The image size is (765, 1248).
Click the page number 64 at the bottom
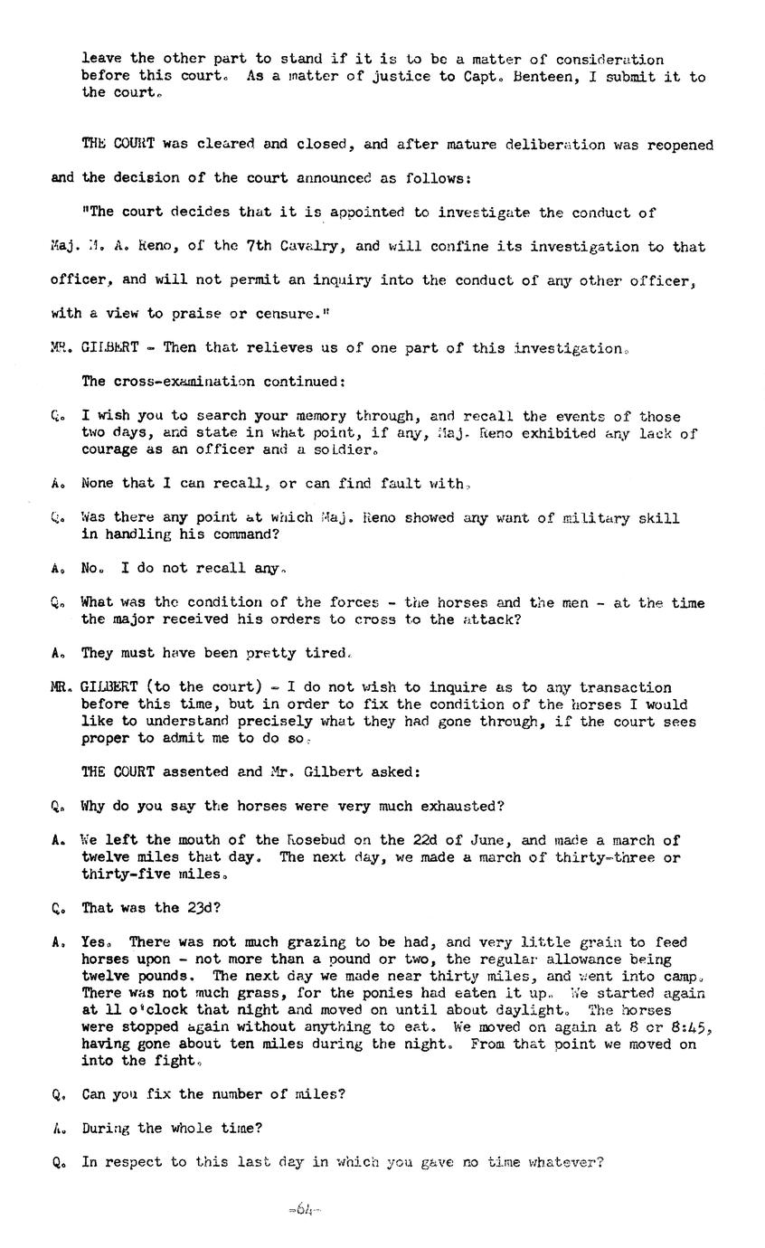coord(305,1209)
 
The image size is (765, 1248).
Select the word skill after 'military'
coord(657,518)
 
